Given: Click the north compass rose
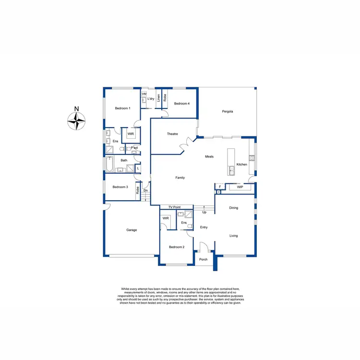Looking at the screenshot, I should pos(76,120).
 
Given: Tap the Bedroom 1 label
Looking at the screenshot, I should pos(122,108).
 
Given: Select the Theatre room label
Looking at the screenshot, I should pos(173,133).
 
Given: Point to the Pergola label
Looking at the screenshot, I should pos(228,111).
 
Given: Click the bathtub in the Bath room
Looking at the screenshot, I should pos(110,165).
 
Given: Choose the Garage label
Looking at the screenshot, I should pos(132,230).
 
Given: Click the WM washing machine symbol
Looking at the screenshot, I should pos(144,95).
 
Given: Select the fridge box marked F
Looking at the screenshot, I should pos(219,187).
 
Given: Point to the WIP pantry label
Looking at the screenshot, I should pos(240,187).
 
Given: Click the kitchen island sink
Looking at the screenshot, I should pos(232,168).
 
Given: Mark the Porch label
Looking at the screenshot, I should pos(203,260).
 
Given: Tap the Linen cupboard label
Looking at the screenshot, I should pos(158,98).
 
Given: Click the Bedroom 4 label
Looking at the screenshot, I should pos(182,104).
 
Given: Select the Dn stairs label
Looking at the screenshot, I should pos(146,191).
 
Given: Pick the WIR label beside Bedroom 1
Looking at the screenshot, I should pos(130,133).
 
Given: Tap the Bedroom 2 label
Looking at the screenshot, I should pos(176,247).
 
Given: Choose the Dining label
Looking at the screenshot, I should pos(233,208).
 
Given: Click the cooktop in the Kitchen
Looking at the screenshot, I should pos(252,158).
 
